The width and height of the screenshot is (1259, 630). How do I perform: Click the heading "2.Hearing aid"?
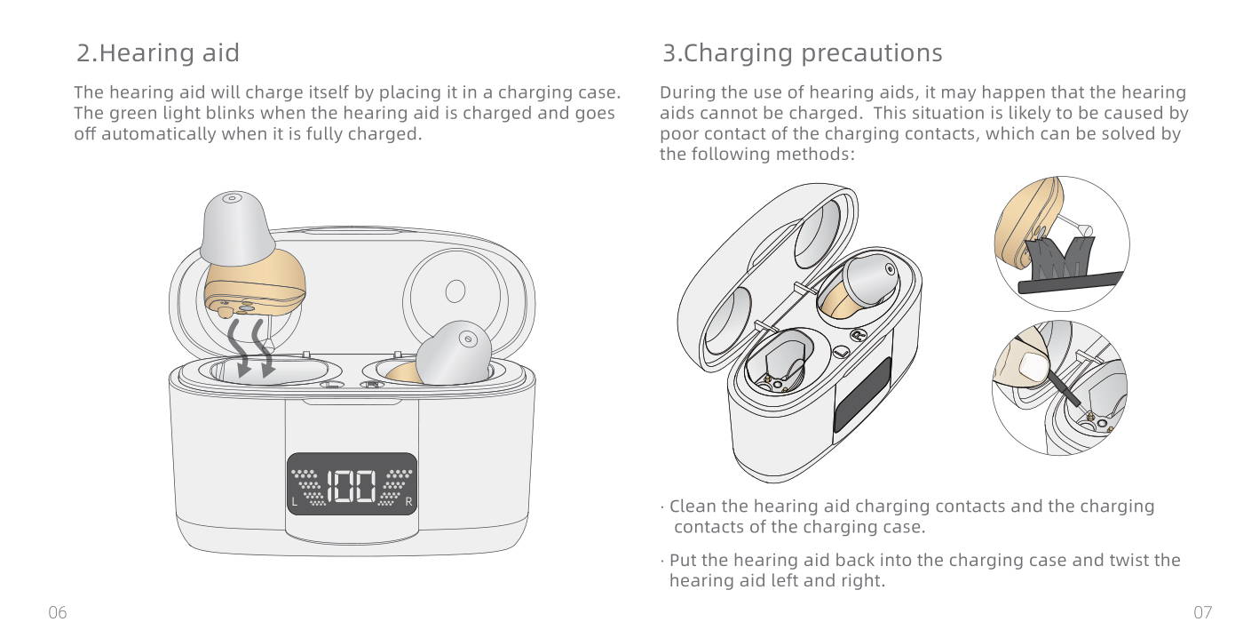tap(158, 53)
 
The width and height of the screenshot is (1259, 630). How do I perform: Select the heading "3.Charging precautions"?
tap(802, 53)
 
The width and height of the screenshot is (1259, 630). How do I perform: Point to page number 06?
tap(58, 612)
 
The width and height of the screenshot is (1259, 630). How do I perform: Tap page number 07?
tap(1203, 612)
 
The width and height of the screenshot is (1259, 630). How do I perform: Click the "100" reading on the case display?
tap(352, 486)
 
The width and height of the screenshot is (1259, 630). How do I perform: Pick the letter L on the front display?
tap(294, 501)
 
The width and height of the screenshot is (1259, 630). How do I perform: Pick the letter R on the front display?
tap(408, 501)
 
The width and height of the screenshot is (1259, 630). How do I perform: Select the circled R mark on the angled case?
tap(858, 336)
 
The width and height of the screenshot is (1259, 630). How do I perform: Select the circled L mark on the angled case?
tap(841, 352)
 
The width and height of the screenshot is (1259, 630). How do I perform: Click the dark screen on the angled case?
tap(862, 395)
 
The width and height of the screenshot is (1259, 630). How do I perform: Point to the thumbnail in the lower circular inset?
tap(1031, 367)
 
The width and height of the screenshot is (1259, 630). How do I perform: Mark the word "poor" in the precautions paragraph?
tap(679, 134)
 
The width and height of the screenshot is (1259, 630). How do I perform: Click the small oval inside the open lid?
tap(455, 291)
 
